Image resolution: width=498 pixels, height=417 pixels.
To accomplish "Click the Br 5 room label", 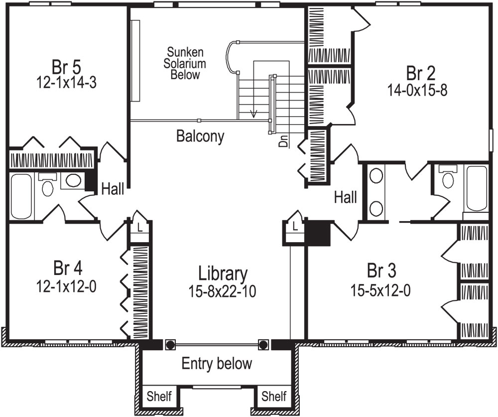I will point(66,66).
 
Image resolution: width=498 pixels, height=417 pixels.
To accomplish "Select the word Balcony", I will point(200,136).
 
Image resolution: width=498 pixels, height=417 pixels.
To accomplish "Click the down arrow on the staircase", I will point(254,112).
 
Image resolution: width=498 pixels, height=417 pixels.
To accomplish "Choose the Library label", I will point(222,274).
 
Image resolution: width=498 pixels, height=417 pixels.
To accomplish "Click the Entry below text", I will point(217,363).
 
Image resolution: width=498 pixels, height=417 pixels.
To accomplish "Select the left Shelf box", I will point(159,397).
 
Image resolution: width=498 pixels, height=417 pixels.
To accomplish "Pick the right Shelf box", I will point(274,397).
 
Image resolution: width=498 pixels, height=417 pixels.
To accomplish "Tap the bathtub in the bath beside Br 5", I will point(21,195).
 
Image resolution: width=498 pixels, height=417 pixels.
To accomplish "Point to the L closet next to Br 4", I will point(139,227).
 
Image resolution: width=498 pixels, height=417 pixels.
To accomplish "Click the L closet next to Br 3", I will point(295,227).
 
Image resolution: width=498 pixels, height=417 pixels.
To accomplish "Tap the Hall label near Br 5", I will point(113,189).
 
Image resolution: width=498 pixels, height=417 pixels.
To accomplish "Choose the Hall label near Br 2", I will point(345,197).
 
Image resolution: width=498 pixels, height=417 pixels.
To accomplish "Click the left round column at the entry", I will point(170,345).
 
